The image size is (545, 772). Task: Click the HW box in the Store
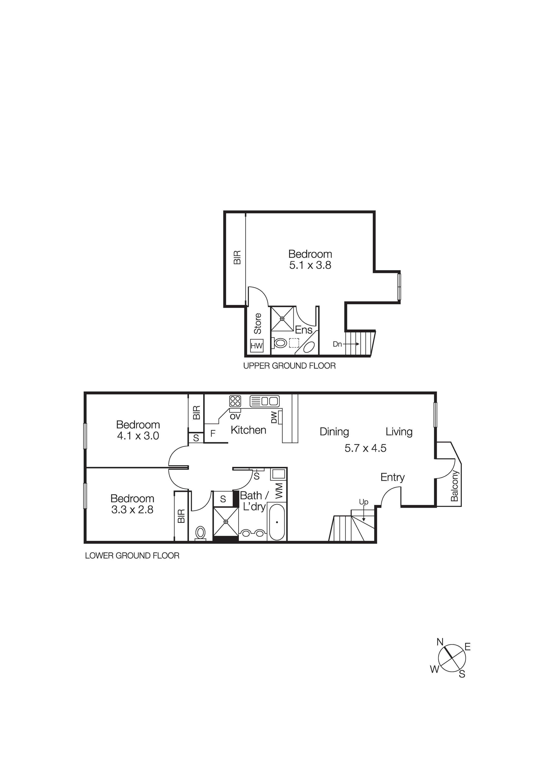click(x=257, y=345)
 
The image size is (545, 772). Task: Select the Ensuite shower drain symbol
click(x=282, y=318)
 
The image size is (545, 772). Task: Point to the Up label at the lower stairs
click(x=364, y=502)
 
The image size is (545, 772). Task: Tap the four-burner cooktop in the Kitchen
click(x=235, y=401)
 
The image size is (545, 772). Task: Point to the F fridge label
click(x=213, y=434)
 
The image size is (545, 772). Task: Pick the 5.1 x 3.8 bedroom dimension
click(x=310, y=265)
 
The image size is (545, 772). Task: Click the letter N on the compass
click(x=440, y=642)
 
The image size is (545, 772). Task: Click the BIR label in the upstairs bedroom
click(x=237, y=257)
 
